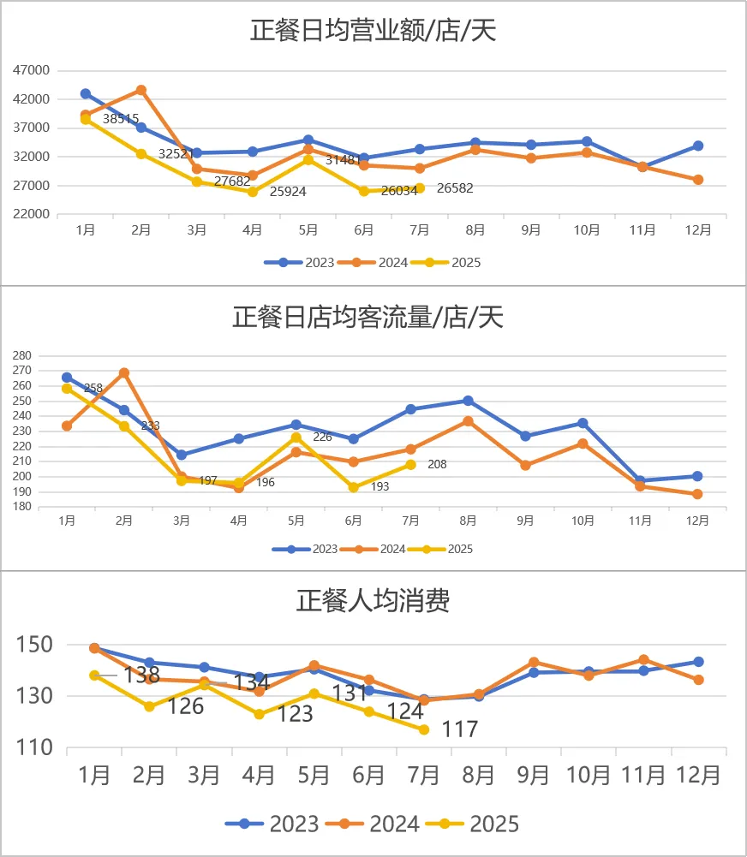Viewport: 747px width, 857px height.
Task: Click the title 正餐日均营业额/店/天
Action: coord(373,31)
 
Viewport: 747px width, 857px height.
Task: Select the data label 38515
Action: coord(121,119)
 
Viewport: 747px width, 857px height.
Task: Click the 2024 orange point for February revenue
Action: coord(141,90)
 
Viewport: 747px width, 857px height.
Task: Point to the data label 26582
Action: coord(455,188)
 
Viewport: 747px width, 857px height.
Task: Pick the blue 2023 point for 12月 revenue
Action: coord(698,146)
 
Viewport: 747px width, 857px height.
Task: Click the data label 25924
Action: coord(288,192)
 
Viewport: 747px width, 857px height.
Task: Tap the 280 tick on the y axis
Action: coord(22,355)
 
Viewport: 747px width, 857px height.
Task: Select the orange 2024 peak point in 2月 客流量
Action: coord(124,373)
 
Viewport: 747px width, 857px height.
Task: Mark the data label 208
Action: coord(437,464)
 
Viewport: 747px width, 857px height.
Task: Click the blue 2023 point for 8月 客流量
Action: coord(468,401)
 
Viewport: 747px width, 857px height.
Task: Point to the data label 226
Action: coord(322,437)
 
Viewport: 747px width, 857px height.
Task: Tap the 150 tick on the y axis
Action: coord(36,645)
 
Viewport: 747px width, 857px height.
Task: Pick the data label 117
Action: coord(459,729)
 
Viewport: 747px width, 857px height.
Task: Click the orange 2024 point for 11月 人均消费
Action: coord(643,660)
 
